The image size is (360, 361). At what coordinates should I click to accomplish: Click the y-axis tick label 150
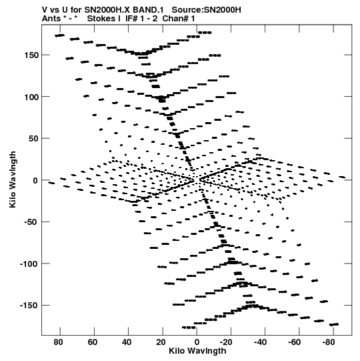[x=31, y=55]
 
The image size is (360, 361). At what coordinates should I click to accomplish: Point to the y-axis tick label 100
[x=31, y=97]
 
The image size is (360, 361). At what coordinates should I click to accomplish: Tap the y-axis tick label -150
[x=29, y=306]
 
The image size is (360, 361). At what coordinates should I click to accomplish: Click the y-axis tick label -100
[x=29, y=264]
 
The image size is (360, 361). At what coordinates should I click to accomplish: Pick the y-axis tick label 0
[x=35, y=180]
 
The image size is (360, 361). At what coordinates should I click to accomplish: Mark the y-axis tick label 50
[x=33, y=139]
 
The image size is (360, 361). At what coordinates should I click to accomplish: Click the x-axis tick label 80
[x=58, y=342]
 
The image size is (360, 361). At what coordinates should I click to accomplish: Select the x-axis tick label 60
[x=92, y=342]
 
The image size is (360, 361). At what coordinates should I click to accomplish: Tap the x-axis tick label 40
[x=127, y=342]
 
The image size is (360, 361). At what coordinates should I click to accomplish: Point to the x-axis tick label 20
[x=161, y=342]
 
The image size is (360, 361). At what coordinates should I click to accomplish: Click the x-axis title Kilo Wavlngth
[x=197, y=351]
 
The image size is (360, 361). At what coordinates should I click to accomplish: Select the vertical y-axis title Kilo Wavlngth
[x=13, y=179]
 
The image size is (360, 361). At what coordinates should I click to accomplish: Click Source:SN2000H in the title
[x=207, y=10]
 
